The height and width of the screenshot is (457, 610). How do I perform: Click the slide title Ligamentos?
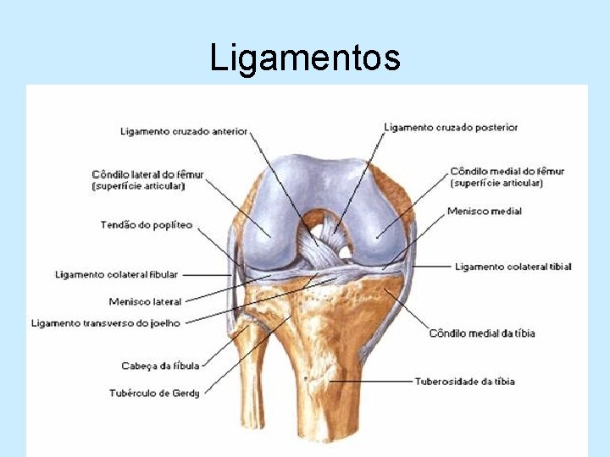click(x=305, y=58)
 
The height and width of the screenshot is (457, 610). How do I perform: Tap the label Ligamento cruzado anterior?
click(x=184, y=131)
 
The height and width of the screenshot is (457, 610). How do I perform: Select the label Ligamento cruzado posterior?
click(x=451, y=127)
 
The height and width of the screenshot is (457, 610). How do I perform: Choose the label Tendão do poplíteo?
click(x=147, y=225)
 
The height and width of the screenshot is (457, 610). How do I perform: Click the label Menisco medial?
click(x=485, y=211)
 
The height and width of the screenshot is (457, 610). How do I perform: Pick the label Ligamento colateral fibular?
click(x=117, y=274)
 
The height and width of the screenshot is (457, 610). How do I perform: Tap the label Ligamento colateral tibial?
click(x=513, y=267)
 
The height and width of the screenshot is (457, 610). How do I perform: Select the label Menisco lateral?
click(x=145, y=301)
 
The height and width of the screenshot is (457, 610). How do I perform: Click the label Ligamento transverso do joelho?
click(x=106, y=322)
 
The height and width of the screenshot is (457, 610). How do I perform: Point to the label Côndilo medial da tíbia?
click(x=482, y=333)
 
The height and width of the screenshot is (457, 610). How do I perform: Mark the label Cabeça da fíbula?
click(x=160, y=366)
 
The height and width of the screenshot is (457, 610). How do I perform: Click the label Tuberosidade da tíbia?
click(x=465, y=382)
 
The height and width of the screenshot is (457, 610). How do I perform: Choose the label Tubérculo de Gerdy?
click(x=154, y=393)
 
